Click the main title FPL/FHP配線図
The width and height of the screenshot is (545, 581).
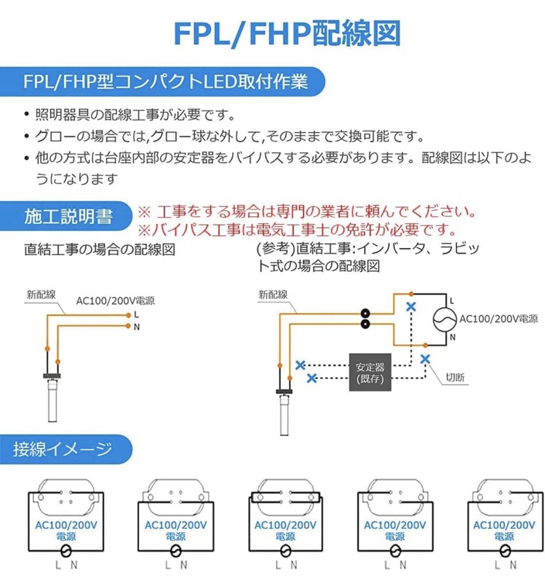coord(287,34)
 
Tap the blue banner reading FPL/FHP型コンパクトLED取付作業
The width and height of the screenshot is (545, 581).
coord(165,81)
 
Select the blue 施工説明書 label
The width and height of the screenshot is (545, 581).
coord(68,216)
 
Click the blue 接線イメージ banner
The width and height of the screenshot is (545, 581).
coord(63,449)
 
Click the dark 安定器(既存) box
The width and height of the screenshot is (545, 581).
coord(370,372)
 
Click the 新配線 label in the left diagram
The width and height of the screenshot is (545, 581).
coord(41,294)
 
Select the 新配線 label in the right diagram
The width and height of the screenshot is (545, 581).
coord(272,294)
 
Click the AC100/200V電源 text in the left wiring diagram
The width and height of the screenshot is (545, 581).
coord(115,301)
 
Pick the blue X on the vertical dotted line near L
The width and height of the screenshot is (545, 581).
coord(411,306)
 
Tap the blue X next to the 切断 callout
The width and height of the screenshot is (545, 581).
coord(425,359)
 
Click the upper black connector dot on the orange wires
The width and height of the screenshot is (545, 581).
coord(366,313)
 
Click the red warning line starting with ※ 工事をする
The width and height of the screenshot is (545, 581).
coord(306,212)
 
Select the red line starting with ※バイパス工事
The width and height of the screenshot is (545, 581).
coord(298,229)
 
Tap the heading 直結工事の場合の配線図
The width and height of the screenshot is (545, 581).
coord(99,250)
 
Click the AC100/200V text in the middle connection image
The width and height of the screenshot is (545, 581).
coord(285,525)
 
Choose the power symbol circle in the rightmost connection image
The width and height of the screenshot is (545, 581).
coord(504,550)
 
